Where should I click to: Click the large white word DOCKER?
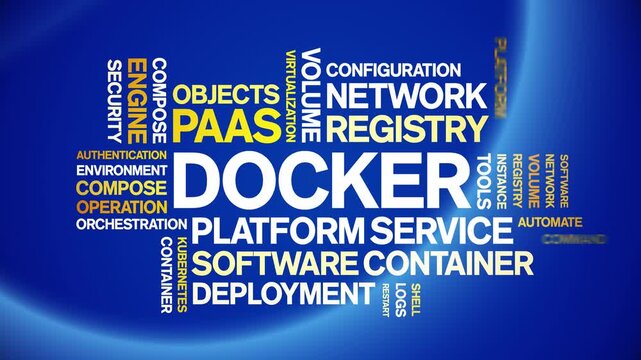point(320,181)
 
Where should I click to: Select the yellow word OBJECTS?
point(225,95)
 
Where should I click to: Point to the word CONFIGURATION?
point(393,70)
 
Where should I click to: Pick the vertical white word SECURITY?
point(113,100)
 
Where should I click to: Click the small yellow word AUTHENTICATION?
point(121,155)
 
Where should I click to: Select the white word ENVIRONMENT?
point(121,170)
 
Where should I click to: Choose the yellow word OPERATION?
point(121,206)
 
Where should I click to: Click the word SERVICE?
point(440,231)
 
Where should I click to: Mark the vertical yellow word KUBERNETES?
point(182,276)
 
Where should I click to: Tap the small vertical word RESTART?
point(385,299)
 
